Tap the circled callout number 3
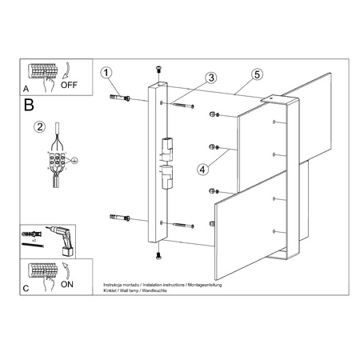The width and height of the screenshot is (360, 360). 210,78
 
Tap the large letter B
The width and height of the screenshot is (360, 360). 30,104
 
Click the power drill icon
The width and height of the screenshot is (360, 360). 65,237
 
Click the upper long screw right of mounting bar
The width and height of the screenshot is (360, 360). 182,105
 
